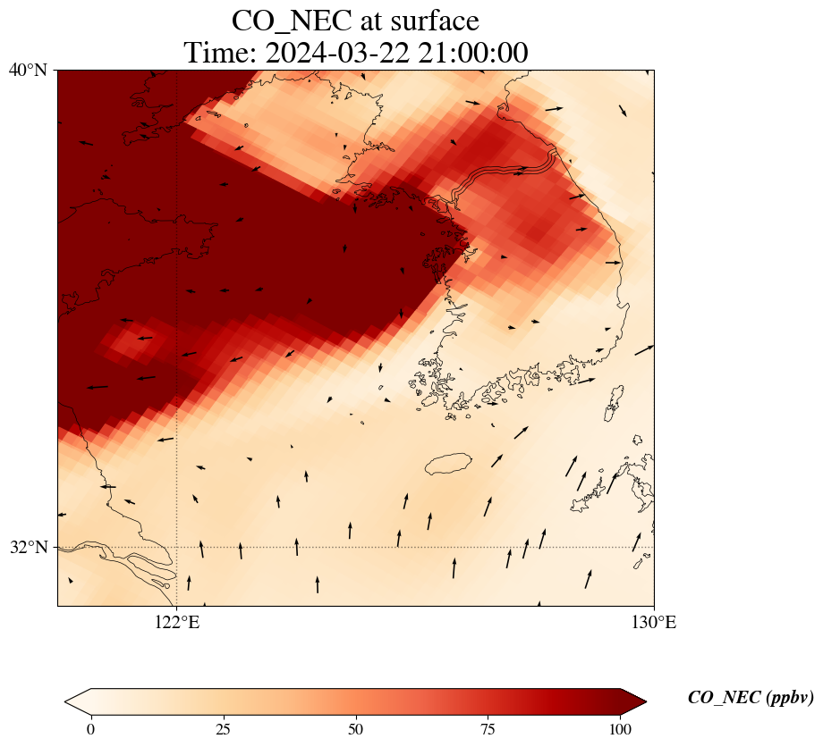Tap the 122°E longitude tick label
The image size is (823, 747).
(177, 622)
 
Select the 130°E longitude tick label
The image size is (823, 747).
(654, 622)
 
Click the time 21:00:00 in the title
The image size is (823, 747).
(471, 53)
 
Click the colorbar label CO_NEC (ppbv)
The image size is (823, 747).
(750, 698)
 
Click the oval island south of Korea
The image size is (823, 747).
(448, 464)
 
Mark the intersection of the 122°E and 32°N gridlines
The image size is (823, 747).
(177, 547)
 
